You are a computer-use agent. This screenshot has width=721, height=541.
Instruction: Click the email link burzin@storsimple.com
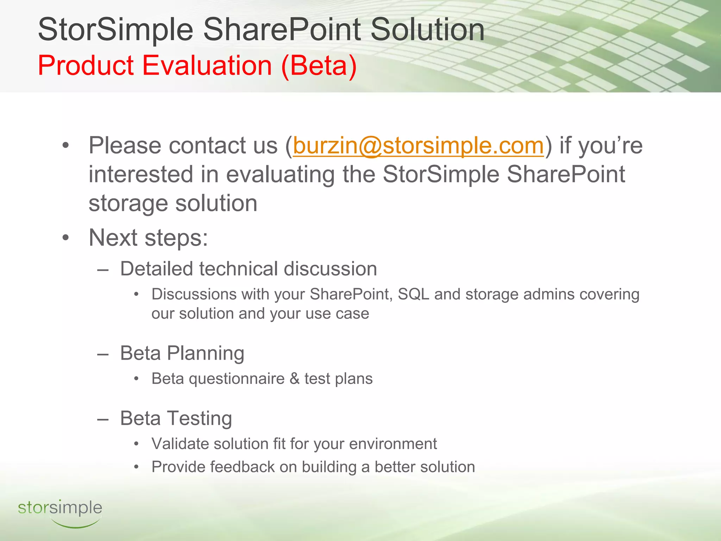coord(418,146)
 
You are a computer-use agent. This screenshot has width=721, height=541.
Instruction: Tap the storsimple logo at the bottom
coord(60,511)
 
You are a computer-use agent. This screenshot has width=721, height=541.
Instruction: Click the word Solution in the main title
coord(427,30)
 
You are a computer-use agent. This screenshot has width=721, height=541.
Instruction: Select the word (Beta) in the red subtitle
coord(319,66)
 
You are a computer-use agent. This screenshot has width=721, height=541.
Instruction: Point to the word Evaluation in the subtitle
coord(207,66)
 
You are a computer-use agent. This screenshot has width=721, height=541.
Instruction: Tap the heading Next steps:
coord(148,238)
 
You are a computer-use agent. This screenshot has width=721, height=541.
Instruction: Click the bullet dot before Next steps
coord(65,238)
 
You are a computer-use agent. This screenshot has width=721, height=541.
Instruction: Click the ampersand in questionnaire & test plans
coord(294,379)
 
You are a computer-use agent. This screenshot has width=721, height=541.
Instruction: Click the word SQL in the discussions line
coord(413,294)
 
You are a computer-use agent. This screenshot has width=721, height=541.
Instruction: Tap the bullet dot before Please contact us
coord(65,146)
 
